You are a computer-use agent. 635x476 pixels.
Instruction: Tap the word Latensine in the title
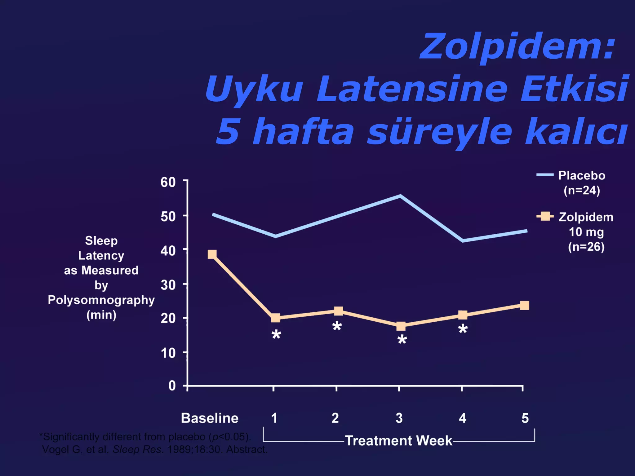tap(412, 89)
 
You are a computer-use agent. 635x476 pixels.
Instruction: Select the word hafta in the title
tap(303, 132)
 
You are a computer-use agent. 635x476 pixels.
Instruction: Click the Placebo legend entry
tap(582, 176)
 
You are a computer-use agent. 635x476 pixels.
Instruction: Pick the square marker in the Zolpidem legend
tap(545, 216)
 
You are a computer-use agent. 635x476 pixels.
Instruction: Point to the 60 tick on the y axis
tap(168, 182)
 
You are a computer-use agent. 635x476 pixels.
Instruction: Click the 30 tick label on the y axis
tap(168, 285)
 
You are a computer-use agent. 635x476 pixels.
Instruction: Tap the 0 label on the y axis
tap(172, 386)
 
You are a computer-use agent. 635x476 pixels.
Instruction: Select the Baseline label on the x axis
tap(210, 418)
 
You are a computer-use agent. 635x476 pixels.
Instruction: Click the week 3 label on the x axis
tap(399, 418)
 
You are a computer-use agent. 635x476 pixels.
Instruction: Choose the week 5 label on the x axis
tap(525, 418)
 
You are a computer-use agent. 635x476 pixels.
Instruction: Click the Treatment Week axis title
tap(399, 441)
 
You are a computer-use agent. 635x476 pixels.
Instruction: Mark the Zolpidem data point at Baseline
tap(212, 254)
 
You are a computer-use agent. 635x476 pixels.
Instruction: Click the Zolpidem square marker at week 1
tap(275, 318)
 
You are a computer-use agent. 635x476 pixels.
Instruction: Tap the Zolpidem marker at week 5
tap(524, 305)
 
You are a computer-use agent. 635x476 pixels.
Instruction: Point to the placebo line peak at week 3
tap(400, 196)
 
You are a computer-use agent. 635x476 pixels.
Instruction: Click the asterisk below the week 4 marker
tap(463, 329)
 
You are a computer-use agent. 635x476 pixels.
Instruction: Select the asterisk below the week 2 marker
tap(337, 326)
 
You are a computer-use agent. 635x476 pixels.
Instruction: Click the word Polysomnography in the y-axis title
tap(101, 300)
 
